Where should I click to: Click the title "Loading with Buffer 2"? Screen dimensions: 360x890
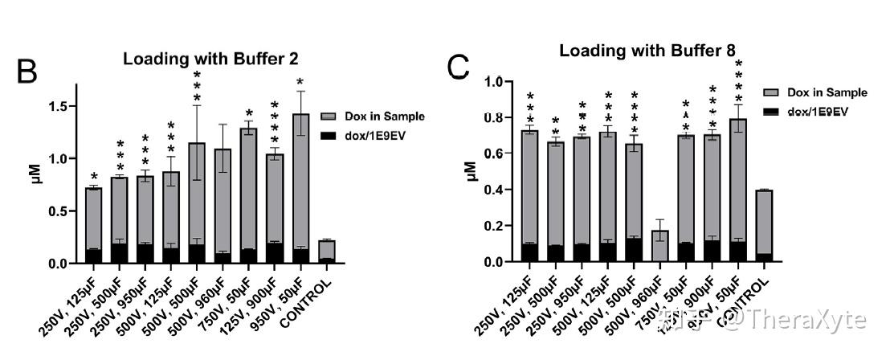coord(210,59)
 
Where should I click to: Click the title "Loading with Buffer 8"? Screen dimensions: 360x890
coord(647,51)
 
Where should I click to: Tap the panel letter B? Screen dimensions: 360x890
coord(27,72)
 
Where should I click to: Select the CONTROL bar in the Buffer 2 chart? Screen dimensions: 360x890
coord(327,251)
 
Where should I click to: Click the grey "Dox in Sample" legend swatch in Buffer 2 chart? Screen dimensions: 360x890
coord(327,117)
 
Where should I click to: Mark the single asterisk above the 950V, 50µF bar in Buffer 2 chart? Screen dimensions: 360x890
coord(300,82)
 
